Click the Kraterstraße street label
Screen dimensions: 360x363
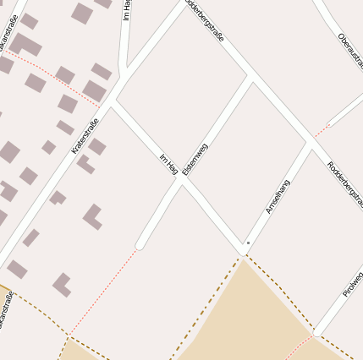85,135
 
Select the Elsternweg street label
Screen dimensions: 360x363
195,159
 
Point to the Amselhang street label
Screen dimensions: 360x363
278,196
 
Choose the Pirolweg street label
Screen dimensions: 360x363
353,284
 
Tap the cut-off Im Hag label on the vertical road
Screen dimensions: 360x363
126,10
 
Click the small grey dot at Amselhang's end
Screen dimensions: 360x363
247,243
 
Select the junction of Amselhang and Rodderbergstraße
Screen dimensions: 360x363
311,145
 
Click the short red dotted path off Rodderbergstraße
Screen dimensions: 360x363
320,131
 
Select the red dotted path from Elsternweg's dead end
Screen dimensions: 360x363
102,292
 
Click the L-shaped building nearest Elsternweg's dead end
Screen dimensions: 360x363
92,217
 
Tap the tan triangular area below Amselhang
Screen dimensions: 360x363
245,313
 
